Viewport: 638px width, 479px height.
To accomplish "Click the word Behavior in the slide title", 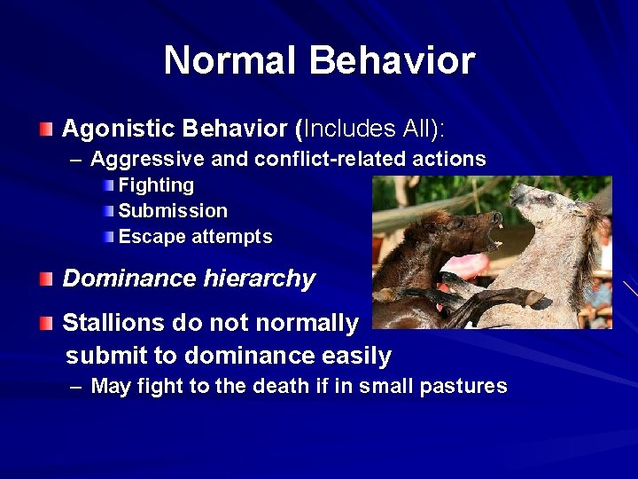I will [x=393, y=60].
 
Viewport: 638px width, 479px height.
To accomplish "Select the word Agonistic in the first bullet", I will [x=117, y=130].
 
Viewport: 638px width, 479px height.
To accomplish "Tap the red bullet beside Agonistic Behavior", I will [x=46, y=130].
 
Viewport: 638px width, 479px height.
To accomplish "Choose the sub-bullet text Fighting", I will [x=156, y=185].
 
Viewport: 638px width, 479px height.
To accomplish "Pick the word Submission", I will [x=173, y=211].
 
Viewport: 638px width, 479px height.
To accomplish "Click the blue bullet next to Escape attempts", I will [x=108, y=237].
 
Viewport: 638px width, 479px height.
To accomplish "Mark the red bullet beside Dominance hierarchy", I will [x=46, y=279].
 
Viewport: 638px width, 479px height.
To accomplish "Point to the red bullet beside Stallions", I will [x=46, y=324].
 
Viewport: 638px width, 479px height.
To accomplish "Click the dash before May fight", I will [x=76, y=387].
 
